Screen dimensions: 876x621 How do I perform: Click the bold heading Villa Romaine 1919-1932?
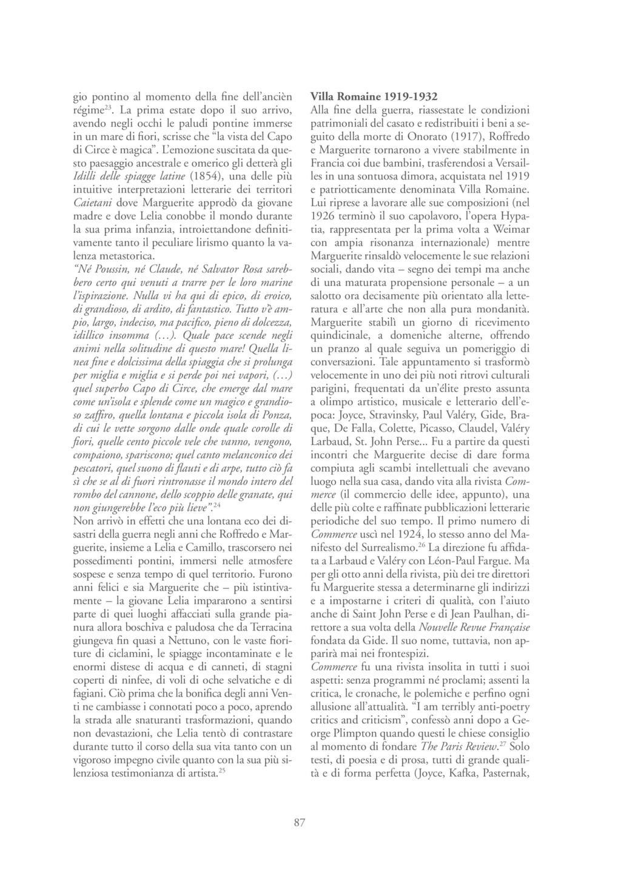coord(374,97)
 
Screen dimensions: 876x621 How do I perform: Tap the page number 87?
coord(299,822)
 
